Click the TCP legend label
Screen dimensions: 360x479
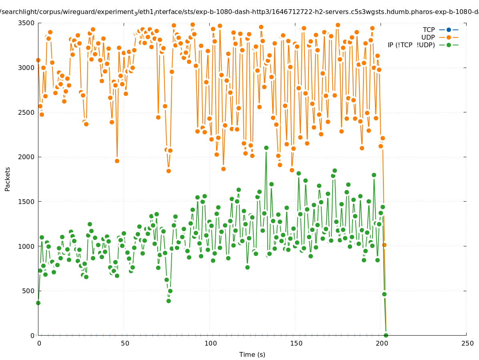pyautogui.click(x=429, y=30)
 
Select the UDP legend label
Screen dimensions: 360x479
pyautogui.click(x=428, y=37)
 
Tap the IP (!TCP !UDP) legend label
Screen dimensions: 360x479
pyautogui.click(x=411, y=45)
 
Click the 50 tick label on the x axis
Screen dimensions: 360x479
pyautogui.click(x=125, y=344)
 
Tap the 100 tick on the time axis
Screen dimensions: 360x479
pyautogui.click(x=210, y=344)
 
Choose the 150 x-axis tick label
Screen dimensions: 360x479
pyautogui.click(x=296, y=344)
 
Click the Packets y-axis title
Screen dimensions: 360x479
pyautogui.click(x=8, y=179)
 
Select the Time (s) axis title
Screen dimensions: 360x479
pyautogui.click(x=252, y=355)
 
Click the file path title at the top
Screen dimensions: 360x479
pyautogui.click(x=239, y=12)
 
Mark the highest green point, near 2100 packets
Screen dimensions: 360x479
pyautogui.click(x=266, y=148)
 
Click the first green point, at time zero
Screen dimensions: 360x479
pyautogui.click(x=38, y=303)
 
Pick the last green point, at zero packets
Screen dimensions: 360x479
pyautogui.click(x=386, y=335)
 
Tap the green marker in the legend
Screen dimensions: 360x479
pyautogui.click(x=449, y=45)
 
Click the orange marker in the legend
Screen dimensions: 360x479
pyautogui.click(x=449, y=37)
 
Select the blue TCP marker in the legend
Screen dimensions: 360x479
pyautogui.click(x=449, y=30)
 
